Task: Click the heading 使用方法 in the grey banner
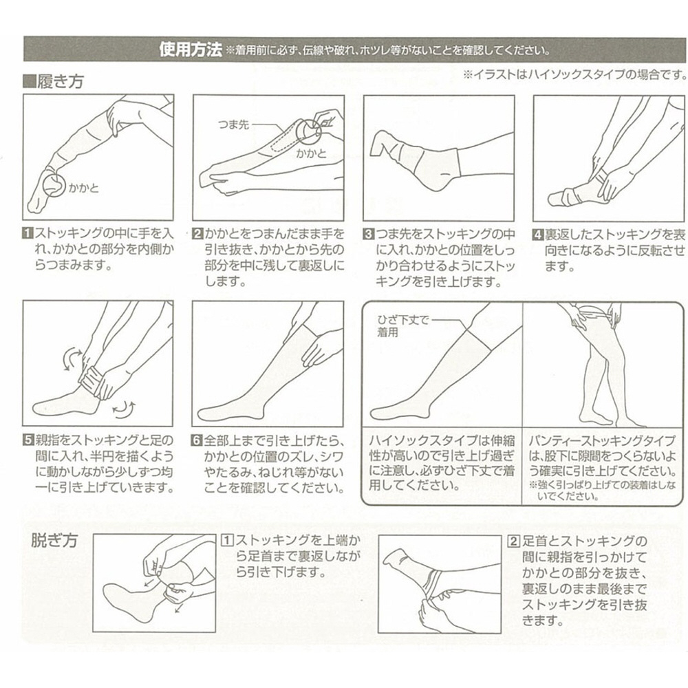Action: (191, 49)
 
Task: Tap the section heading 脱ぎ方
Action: (54, 540)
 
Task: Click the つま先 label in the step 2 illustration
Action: (233, 125)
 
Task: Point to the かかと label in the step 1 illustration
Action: (84, 188)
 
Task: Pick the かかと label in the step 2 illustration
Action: (311, 153)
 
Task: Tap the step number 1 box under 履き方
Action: (28, 233)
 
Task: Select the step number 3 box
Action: (368, 233)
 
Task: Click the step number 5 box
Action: (28, 440)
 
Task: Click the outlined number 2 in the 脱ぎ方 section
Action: (513, 541)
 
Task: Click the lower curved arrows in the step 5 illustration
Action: (124, 407)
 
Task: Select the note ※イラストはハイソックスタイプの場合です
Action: (575, 74)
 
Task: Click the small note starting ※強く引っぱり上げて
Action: (602, 491)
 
